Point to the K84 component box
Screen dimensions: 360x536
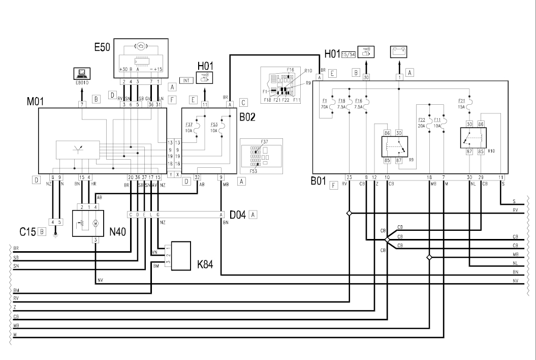182,256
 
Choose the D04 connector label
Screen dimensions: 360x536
237,215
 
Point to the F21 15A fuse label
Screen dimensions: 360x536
461,104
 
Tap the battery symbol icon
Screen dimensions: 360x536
399,52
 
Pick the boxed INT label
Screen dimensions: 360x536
185,79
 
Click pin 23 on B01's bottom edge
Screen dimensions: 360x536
349,177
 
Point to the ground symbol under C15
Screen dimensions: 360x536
55,234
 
